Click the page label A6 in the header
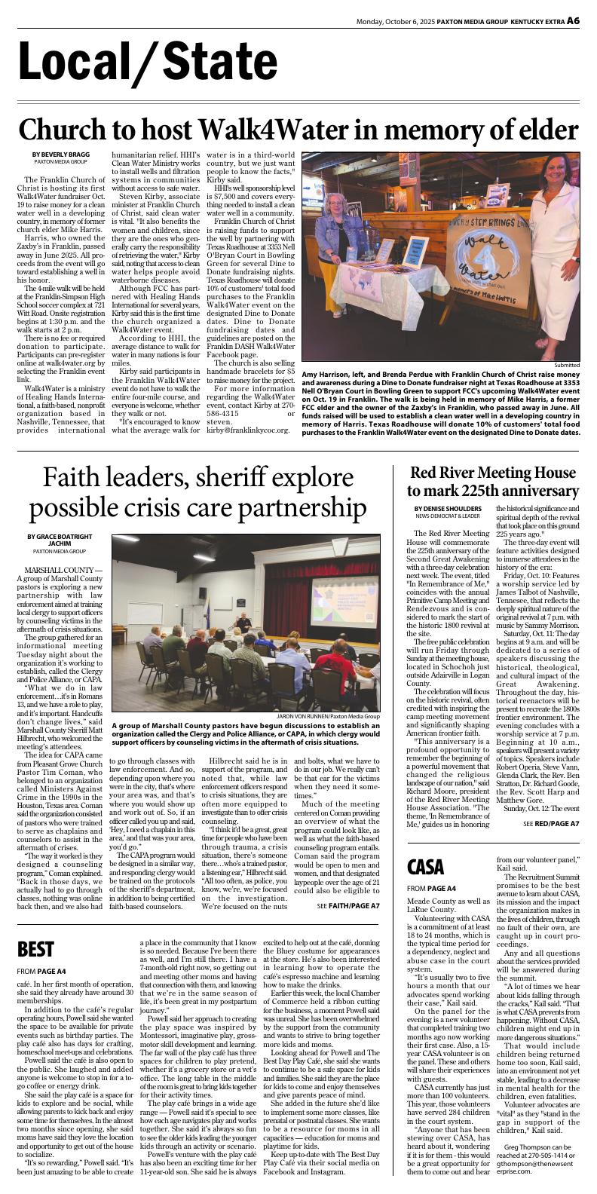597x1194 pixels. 573,20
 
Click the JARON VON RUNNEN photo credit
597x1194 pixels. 329,716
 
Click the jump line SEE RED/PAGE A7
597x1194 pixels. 550,824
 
